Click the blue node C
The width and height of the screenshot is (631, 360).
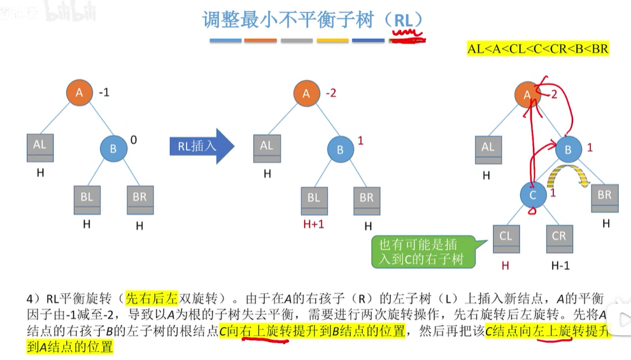(x=534, y=195)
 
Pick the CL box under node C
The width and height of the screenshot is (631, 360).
(x=506, y=237)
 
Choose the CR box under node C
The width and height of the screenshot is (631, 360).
(x=558, y=237)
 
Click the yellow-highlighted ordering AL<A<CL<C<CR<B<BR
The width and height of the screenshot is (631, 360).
(x=538, y=49)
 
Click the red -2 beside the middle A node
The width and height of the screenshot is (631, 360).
(x=331, y=93)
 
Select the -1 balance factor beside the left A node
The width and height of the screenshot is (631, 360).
(x=104, y=92)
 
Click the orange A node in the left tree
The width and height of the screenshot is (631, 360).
(x=79, y=93)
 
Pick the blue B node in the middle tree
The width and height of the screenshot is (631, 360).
(x=340, y=150)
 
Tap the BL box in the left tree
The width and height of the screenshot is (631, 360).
(x=87, y=198)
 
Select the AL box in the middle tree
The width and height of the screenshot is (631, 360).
(x=267, y=147)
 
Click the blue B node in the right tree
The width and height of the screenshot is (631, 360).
(x=569, y=150)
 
